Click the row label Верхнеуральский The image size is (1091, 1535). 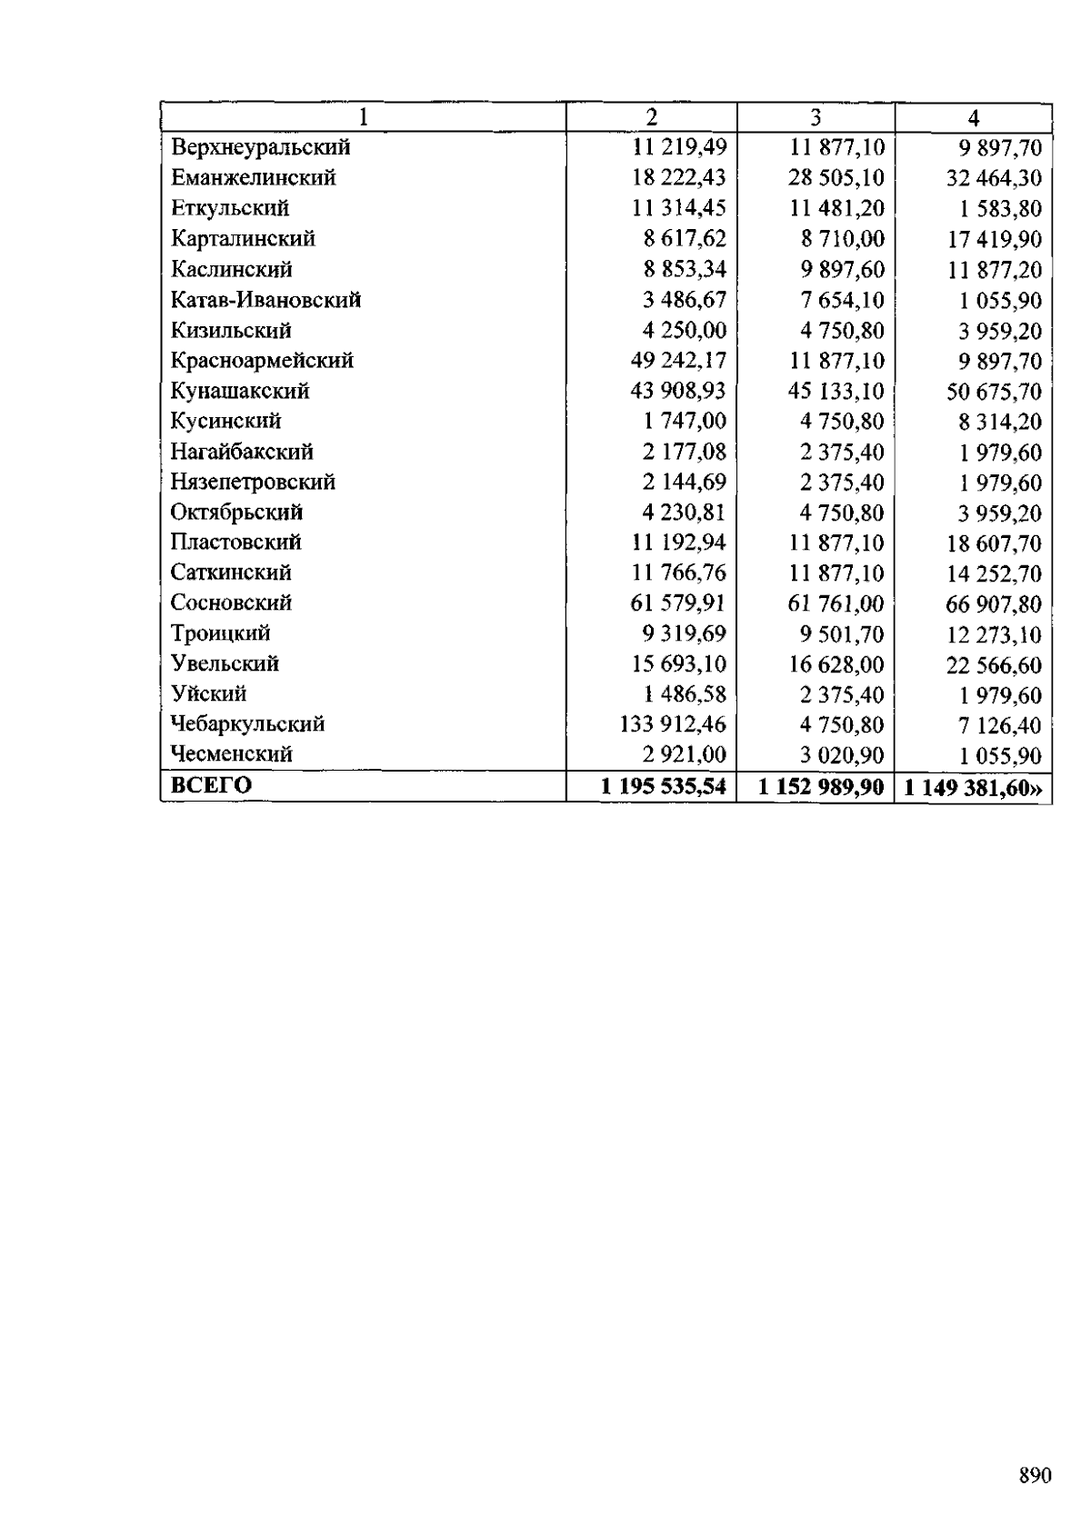tap(260, 146)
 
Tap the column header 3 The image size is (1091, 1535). tap(816, 117)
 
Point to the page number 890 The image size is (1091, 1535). tap(1035, 1475)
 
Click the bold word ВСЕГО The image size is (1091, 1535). tap(211, 785)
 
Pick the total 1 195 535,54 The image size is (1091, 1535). tap(663, 786)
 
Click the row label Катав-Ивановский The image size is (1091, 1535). tap(265, 299)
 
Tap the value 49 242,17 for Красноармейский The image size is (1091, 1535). tap(678, 361)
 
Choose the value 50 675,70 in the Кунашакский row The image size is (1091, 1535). tap(994, 392)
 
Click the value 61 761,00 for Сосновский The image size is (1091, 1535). tap(836, 603)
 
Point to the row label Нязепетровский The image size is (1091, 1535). tap(253, 482)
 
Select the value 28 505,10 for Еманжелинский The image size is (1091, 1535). tap(836, 177)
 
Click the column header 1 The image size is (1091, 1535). tap(363, 117)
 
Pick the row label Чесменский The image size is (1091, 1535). tap(231, 754)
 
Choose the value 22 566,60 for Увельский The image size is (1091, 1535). tap(994, 665)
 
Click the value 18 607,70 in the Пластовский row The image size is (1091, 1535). tap(994, 543)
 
